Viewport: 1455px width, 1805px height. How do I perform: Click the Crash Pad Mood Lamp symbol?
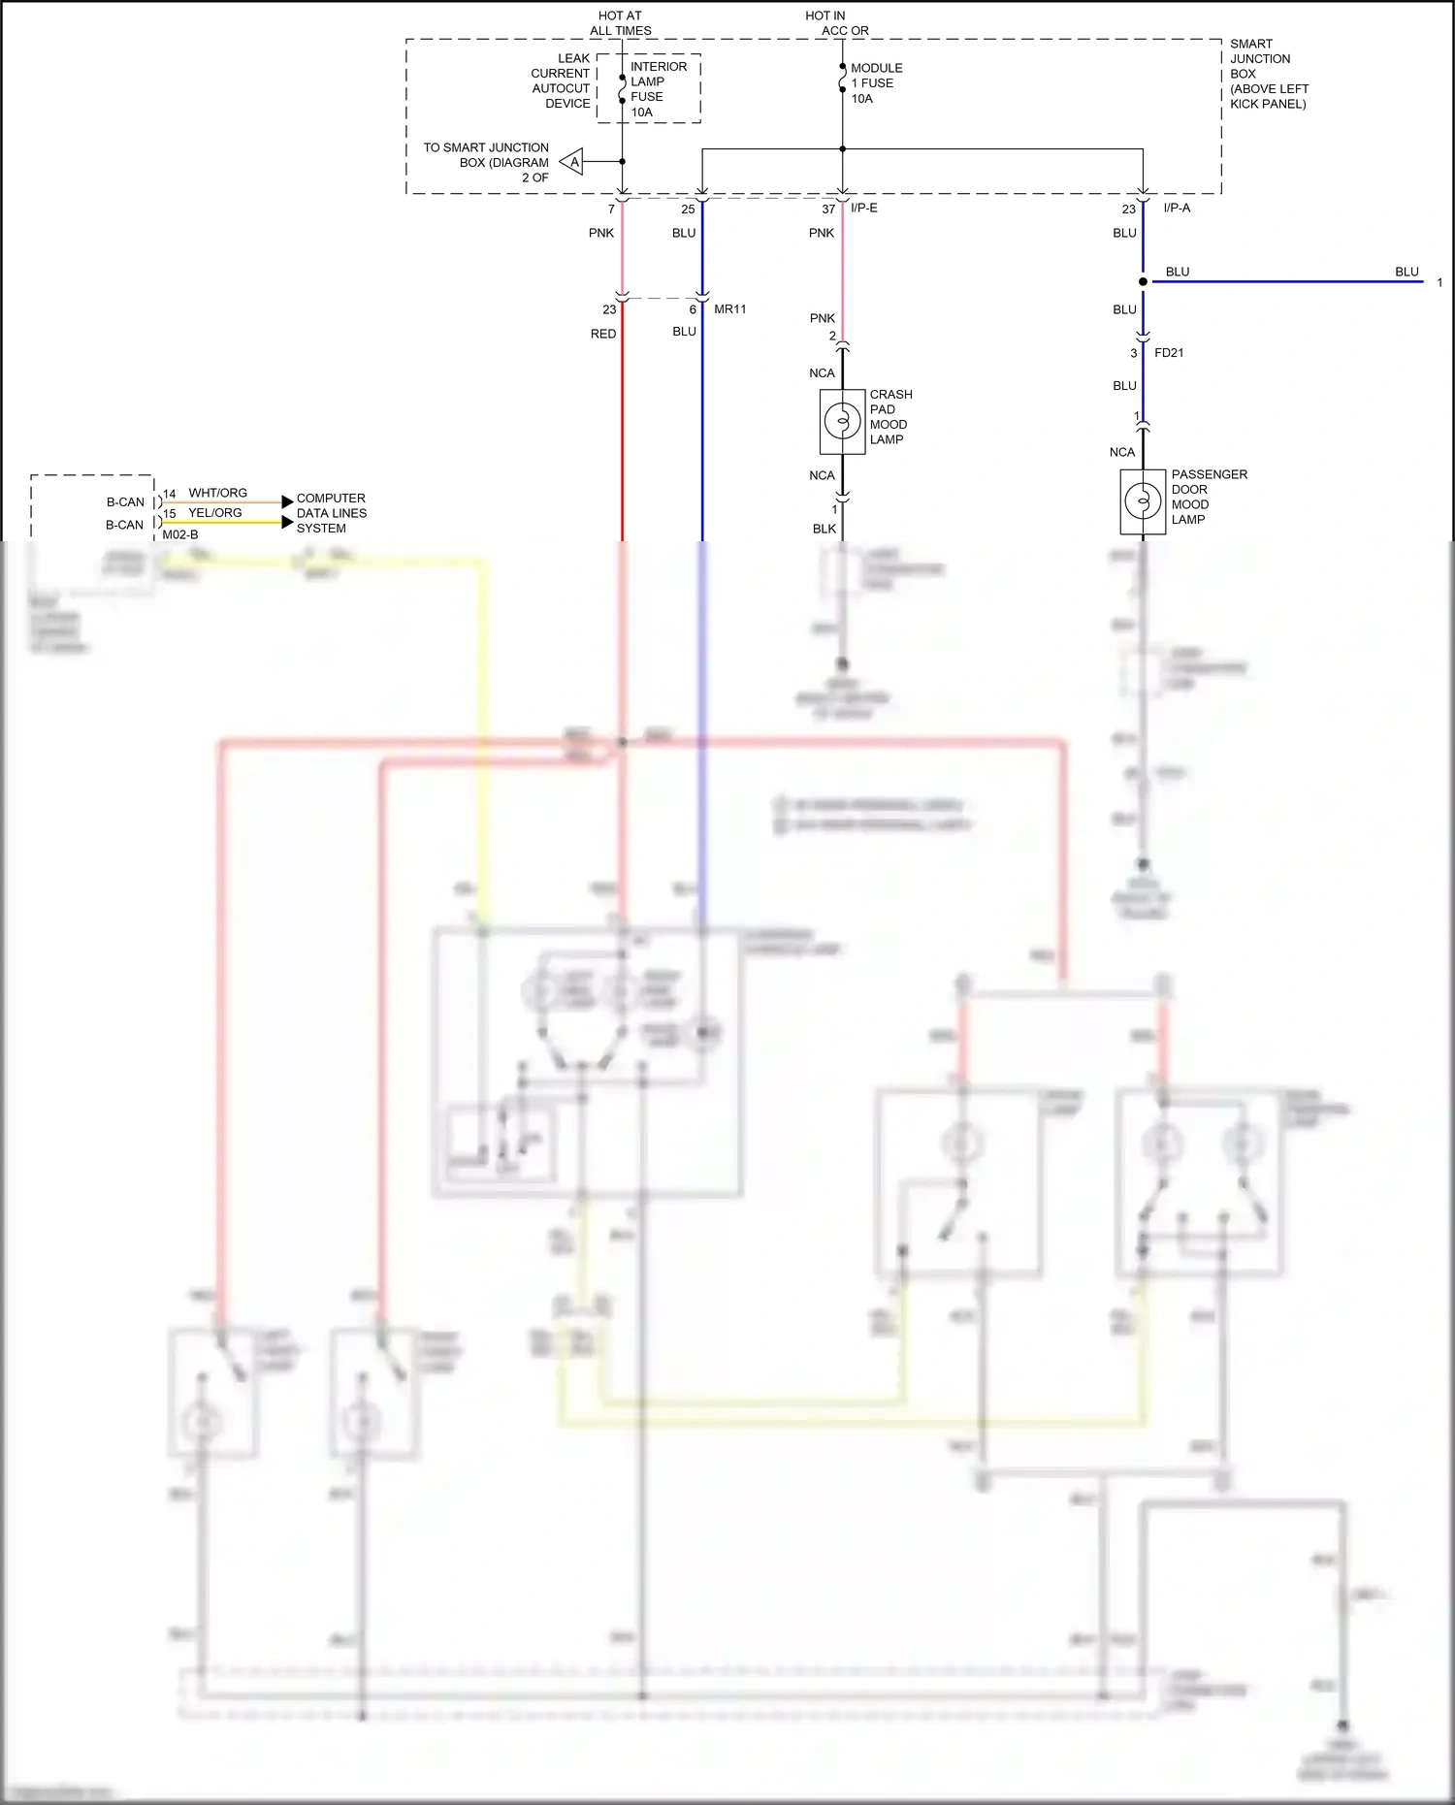[x=842, y=421]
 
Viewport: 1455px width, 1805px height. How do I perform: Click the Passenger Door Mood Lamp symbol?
[x=1143, y=501]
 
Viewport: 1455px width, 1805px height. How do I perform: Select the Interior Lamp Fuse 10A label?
[x=658, y=89]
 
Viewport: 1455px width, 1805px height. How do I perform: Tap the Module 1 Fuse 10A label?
[x=876, y=83]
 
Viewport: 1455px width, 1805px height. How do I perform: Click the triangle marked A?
[x=572, y=162]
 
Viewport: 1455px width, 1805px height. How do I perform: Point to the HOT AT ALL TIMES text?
[x=620, y=23]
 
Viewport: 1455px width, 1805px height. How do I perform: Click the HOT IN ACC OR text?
[x=836, y=23]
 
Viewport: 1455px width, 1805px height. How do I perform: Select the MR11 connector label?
[x=729, y=309]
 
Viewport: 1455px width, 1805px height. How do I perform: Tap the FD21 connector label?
[x=1169, y=353]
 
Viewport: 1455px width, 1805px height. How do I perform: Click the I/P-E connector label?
[x=864, y=208]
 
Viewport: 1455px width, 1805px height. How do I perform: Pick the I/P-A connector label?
[x=1177, y=208]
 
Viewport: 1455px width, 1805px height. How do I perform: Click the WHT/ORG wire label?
[x=217, y=493]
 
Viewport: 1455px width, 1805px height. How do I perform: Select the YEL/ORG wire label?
[x=214, y=513]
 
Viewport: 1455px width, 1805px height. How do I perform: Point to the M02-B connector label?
[x=180, y=534]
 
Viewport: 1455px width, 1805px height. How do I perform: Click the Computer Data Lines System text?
[x=331, y=513]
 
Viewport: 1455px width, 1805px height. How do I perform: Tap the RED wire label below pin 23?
[x=603, y=334]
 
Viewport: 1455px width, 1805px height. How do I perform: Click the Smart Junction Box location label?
[x=1268, y=74]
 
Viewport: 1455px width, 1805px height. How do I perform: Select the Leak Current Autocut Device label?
[x=561, y=81]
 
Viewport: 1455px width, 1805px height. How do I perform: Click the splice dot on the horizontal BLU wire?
[x=1143, y=282]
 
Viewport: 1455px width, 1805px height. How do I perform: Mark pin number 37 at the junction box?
[x=827, y=210]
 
